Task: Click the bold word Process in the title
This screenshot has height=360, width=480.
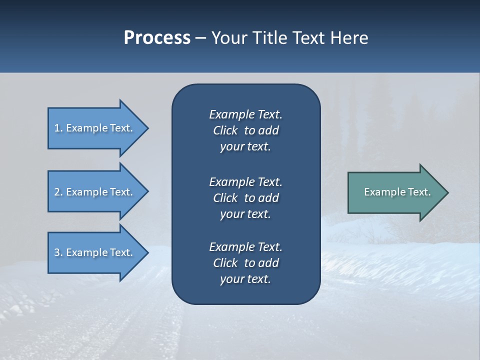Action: coord(157,38)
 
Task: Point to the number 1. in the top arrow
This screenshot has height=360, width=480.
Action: coord(58,128)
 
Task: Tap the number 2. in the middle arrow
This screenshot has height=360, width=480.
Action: coord(58,192)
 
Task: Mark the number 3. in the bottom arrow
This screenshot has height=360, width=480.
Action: coord(58,252)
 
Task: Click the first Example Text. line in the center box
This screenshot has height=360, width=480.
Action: coord(245,114)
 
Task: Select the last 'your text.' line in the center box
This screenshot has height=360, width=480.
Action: coord(245,279)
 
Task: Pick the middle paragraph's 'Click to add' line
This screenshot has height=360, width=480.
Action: coord(245,198)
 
